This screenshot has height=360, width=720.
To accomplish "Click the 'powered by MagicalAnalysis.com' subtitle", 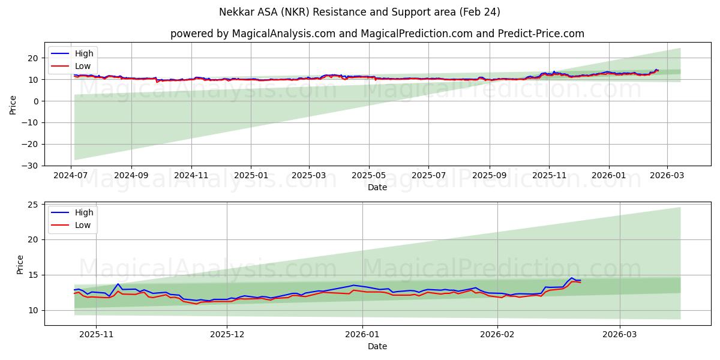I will (x=377, y=34).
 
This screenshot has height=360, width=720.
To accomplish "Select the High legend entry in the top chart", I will (x=83, y=53).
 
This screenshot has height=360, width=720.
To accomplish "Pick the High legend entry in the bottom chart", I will (x=83, y=212).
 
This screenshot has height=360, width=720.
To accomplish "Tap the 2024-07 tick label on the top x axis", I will (x=71, y=176).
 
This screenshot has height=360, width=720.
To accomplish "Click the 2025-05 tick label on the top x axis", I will (x=368, y=176).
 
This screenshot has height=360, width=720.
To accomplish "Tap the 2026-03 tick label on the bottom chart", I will (x=620, y=335).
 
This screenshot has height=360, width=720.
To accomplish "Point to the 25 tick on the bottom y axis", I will (x=32, y=205).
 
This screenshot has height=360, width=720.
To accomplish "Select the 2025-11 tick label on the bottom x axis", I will (x=97, y=335).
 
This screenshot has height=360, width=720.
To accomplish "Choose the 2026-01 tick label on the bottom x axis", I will (x=363, y=335).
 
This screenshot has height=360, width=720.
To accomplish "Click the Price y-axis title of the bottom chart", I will (x=20, y=264).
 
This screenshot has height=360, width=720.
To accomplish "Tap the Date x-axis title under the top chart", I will (x=377, y=187).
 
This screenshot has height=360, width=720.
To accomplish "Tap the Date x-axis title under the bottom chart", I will (x=377, y=346).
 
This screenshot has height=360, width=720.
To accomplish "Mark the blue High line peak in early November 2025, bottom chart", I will (x=118, y=284).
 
